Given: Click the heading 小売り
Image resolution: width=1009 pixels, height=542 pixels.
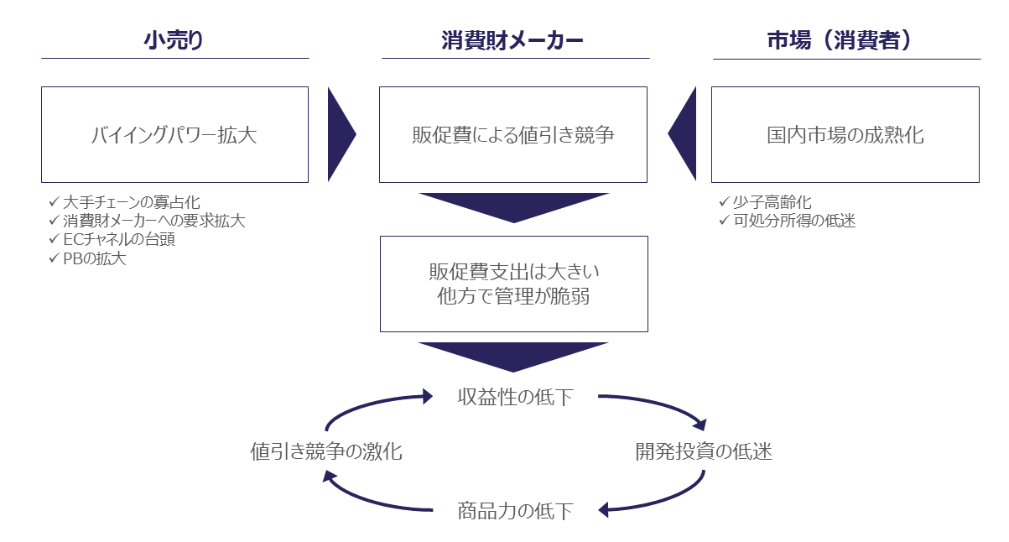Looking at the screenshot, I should point(174,41).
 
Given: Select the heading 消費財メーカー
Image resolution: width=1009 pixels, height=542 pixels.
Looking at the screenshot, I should point(512,41).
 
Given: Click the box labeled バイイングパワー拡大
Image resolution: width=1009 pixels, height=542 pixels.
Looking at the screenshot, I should point(174,134).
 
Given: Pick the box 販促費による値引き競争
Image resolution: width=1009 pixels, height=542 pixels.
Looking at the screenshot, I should point(513,134).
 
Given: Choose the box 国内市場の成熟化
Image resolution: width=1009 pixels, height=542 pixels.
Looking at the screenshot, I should point(845,134).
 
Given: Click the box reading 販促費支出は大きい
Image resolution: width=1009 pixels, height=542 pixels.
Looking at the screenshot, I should point(513,284).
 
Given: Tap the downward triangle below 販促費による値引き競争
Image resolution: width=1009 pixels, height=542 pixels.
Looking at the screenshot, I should point(513,206).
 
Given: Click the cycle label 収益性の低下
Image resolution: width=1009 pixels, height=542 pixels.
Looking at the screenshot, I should point(515,397).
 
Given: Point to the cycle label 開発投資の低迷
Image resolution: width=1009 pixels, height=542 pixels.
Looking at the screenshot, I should point(703,452).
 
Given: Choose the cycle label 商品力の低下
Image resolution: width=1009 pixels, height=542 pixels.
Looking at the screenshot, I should point(515,510).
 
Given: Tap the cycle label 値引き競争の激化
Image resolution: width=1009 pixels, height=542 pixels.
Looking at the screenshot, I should point(326,452).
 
